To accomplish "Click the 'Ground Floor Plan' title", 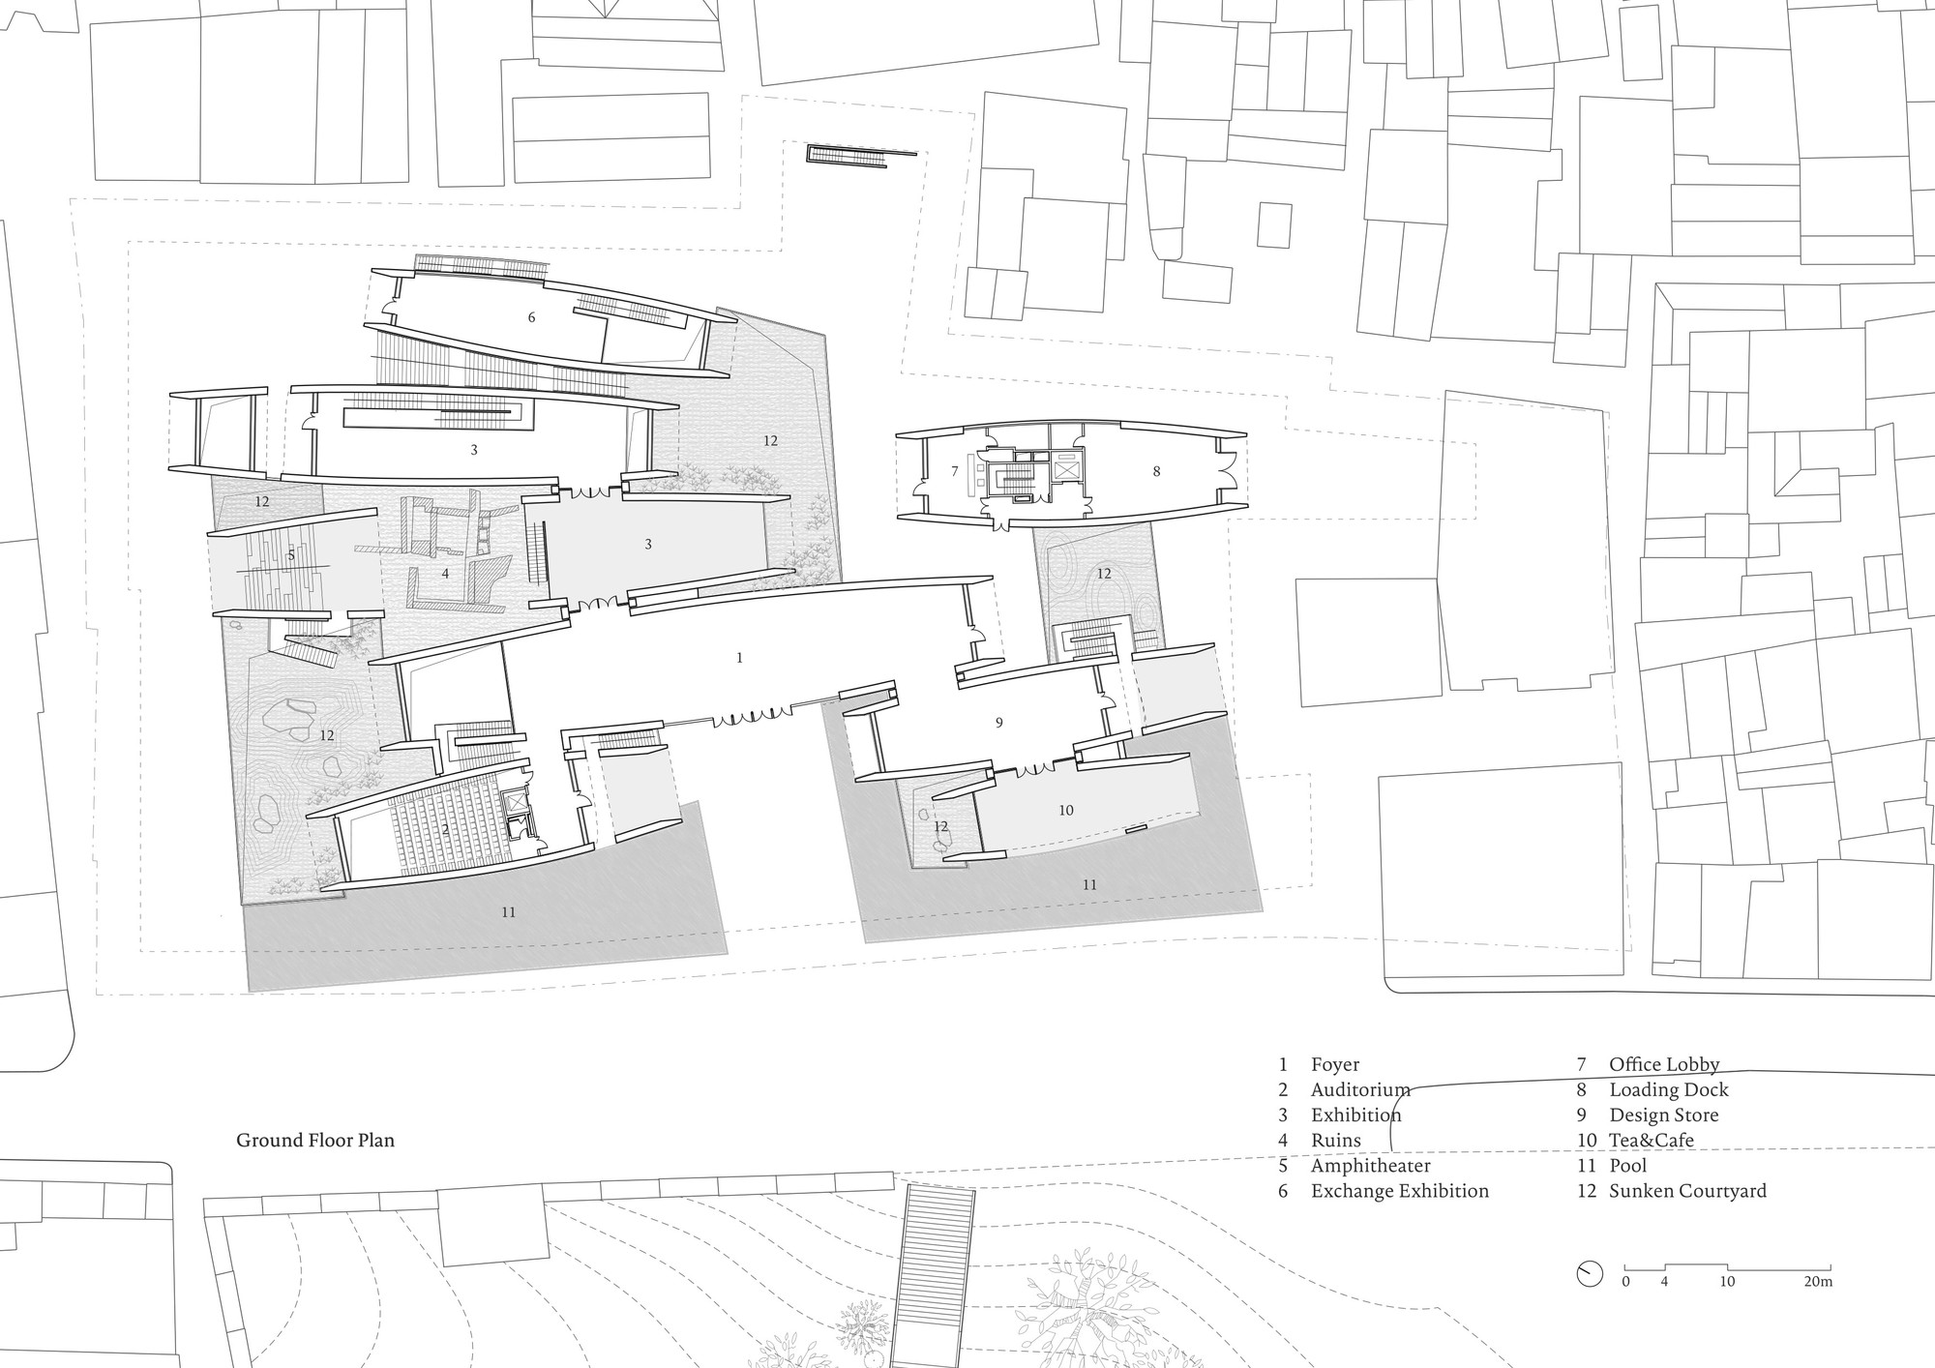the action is (315, 1140).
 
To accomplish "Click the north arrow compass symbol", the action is (1589, 1273).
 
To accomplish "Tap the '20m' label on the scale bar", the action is (1818, 1282).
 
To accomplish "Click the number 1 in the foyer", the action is (739, 658).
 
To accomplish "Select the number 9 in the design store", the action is (998, 723).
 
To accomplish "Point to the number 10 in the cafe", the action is (1065, 811).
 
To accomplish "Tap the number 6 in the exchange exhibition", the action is (531, 317).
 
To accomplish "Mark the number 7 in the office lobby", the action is (954, 471).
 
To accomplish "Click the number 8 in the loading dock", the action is (1156, 471).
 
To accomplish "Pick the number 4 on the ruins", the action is (445, 574).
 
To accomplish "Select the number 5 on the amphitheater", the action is (290, 555).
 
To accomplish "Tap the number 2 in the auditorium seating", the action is (445, 830).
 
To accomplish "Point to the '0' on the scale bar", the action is (1625, 1282).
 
